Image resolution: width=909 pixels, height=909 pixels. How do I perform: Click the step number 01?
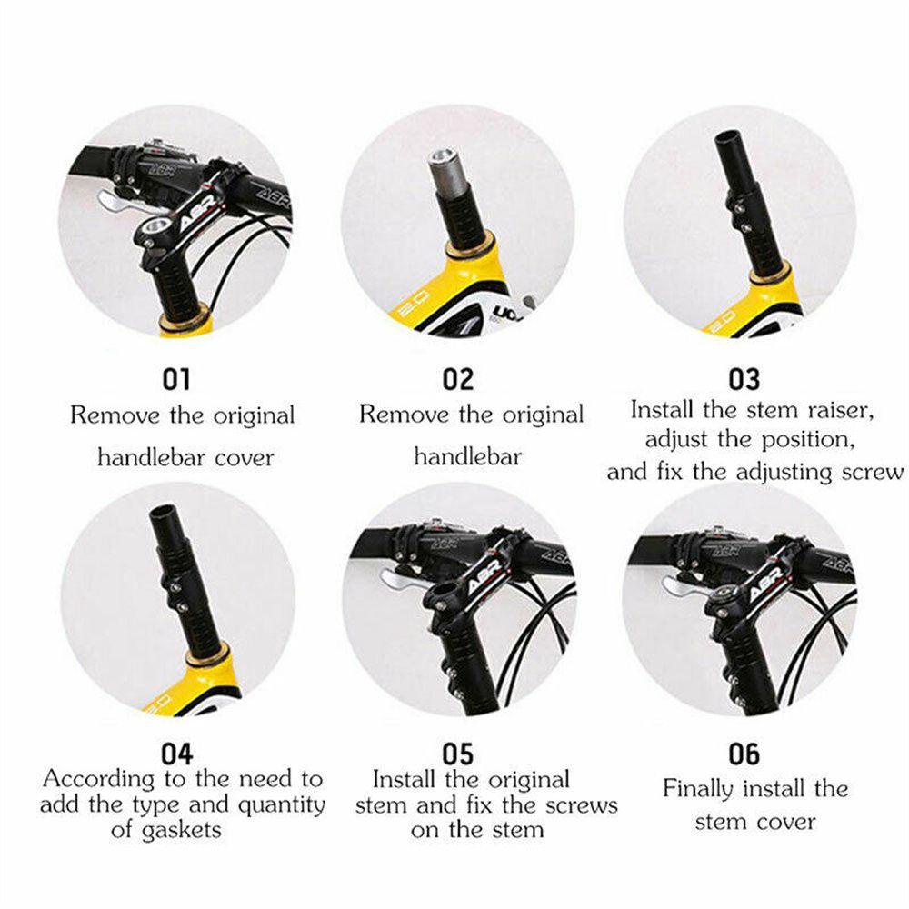tap(175, 380)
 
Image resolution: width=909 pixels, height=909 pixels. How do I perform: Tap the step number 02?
tap(458, 380)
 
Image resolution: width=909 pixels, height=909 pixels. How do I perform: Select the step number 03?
tap(744, 380)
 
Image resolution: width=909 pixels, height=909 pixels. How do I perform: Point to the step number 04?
tap(176, 754)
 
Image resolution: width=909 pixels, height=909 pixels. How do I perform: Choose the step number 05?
tap(458, 754)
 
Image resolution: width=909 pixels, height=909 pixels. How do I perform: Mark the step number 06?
tap(744, 754)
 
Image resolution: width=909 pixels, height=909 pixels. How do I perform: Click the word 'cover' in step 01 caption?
tap(244, 458)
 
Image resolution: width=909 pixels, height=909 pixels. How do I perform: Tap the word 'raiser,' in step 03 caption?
tap(841, 411)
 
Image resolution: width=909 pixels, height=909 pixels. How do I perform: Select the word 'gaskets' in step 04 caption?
tap(182, 831)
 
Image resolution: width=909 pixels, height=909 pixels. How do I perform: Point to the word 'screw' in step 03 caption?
tap(873, 473)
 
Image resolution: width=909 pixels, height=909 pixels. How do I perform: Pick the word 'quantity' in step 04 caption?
tap(282, 805)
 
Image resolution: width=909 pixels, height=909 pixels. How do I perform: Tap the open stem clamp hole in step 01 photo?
tap(155, 225)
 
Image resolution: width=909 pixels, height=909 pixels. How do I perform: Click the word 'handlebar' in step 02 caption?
tap(467, 457)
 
